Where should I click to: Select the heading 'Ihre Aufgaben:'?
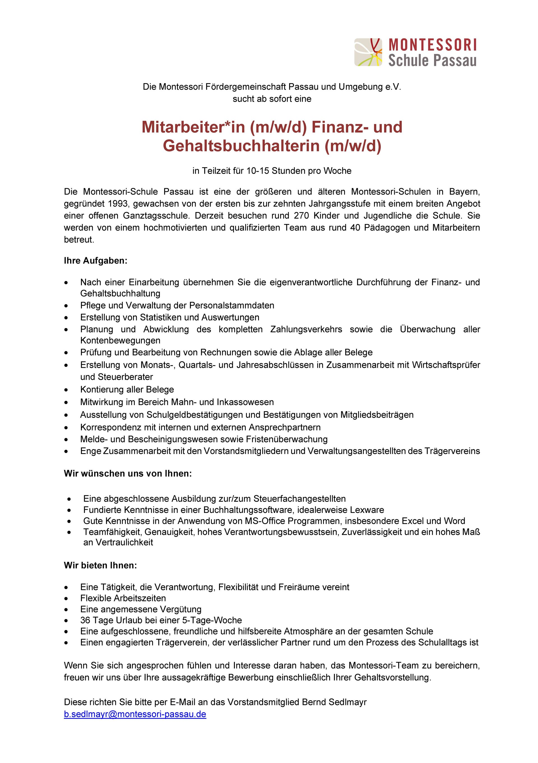[x=96, y=260]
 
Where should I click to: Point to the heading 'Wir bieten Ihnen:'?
[x=100, y=565]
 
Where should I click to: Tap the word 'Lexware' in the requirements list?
[x=367, y=510]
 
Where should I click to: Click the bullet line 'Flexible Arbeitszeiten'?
[x=123, y=598]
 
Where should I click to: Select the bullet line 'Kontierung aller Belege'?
[x=127, y=389]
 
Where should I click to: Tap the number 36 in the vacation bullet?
[x=85, y=620]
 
